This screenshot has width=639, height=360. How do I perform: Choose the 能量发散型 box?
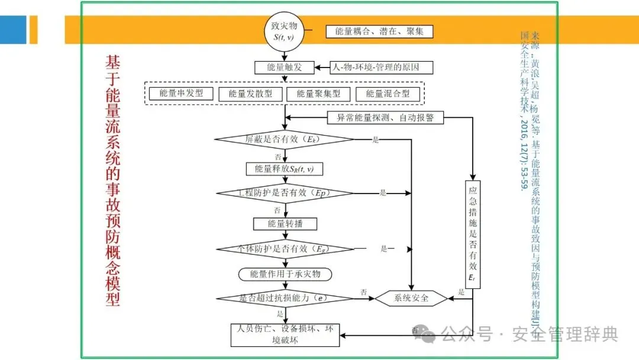click(250, 94)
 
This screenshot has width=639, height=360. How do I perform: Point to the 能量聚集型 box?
click(318, 94)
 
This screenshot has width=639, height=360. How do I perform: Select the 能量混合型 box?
click(387, 94)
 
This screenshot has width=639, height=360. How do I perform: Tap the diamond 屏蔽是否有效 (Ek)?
click(284, 140)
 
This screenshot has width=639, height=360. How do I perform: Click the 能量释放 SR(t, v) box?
click(285, 169)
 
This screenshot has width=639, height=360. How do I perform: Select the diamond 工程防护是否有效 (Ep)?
click(284, 193)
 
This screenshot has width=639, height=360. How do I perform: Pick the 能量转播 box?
click(285, 224)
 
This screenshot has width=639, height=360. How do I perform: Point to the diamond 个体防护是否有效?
click(284, 249)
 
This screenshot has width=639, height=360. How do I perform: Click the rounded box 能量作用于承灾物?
click(285, 274)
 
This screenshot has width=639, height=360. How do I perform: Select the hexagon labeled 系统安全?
click(411, 298)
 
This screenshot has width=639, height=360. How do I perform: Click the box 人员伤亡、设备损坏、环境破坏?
click(285, 334)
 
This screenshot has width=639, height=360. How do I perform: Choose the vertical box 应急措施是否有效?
click(473, 234)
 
